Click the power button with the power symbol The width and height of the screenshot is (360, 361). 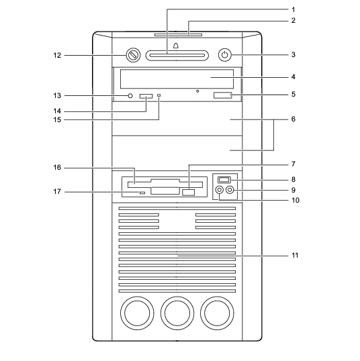pyautogui.click(x=225, y=55)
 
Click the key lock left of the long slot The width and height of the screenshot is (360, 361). pyautogui.click(x=133, y=55)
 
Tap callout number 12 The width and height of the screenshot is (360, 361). pyautogui.click(x=57, y=56)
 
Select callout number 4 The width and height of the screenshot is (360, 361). pyautogui.click(x=293, y=77)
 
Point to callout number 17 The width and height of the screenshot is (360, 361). pyautogui.click(x=57, y=191)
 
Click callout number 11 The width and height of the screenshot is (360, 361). pyautogui.click(x=295, y=256)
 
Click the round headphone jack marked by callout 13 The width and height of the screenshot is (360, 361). pyautogui.click(x=130, y=95)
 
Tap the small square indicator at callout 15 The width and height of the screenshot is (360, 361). pyautogui.click(x=159, y=95)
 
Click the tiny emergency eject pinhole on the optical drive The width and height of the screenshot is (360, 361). pyautogui.click(x=197, y=91)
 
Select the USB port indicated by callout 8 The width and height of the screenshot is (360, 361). pyautogui.click(x=224, y=179)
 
